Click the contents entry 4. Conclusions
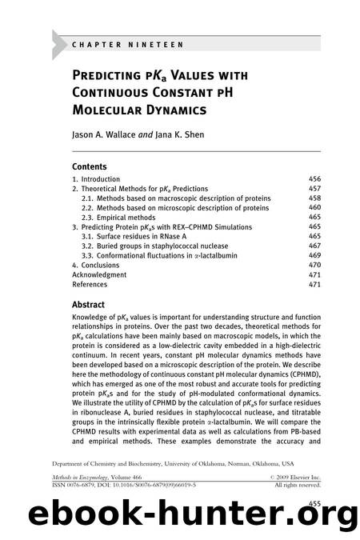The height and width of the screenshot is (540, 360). [95, 266]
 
